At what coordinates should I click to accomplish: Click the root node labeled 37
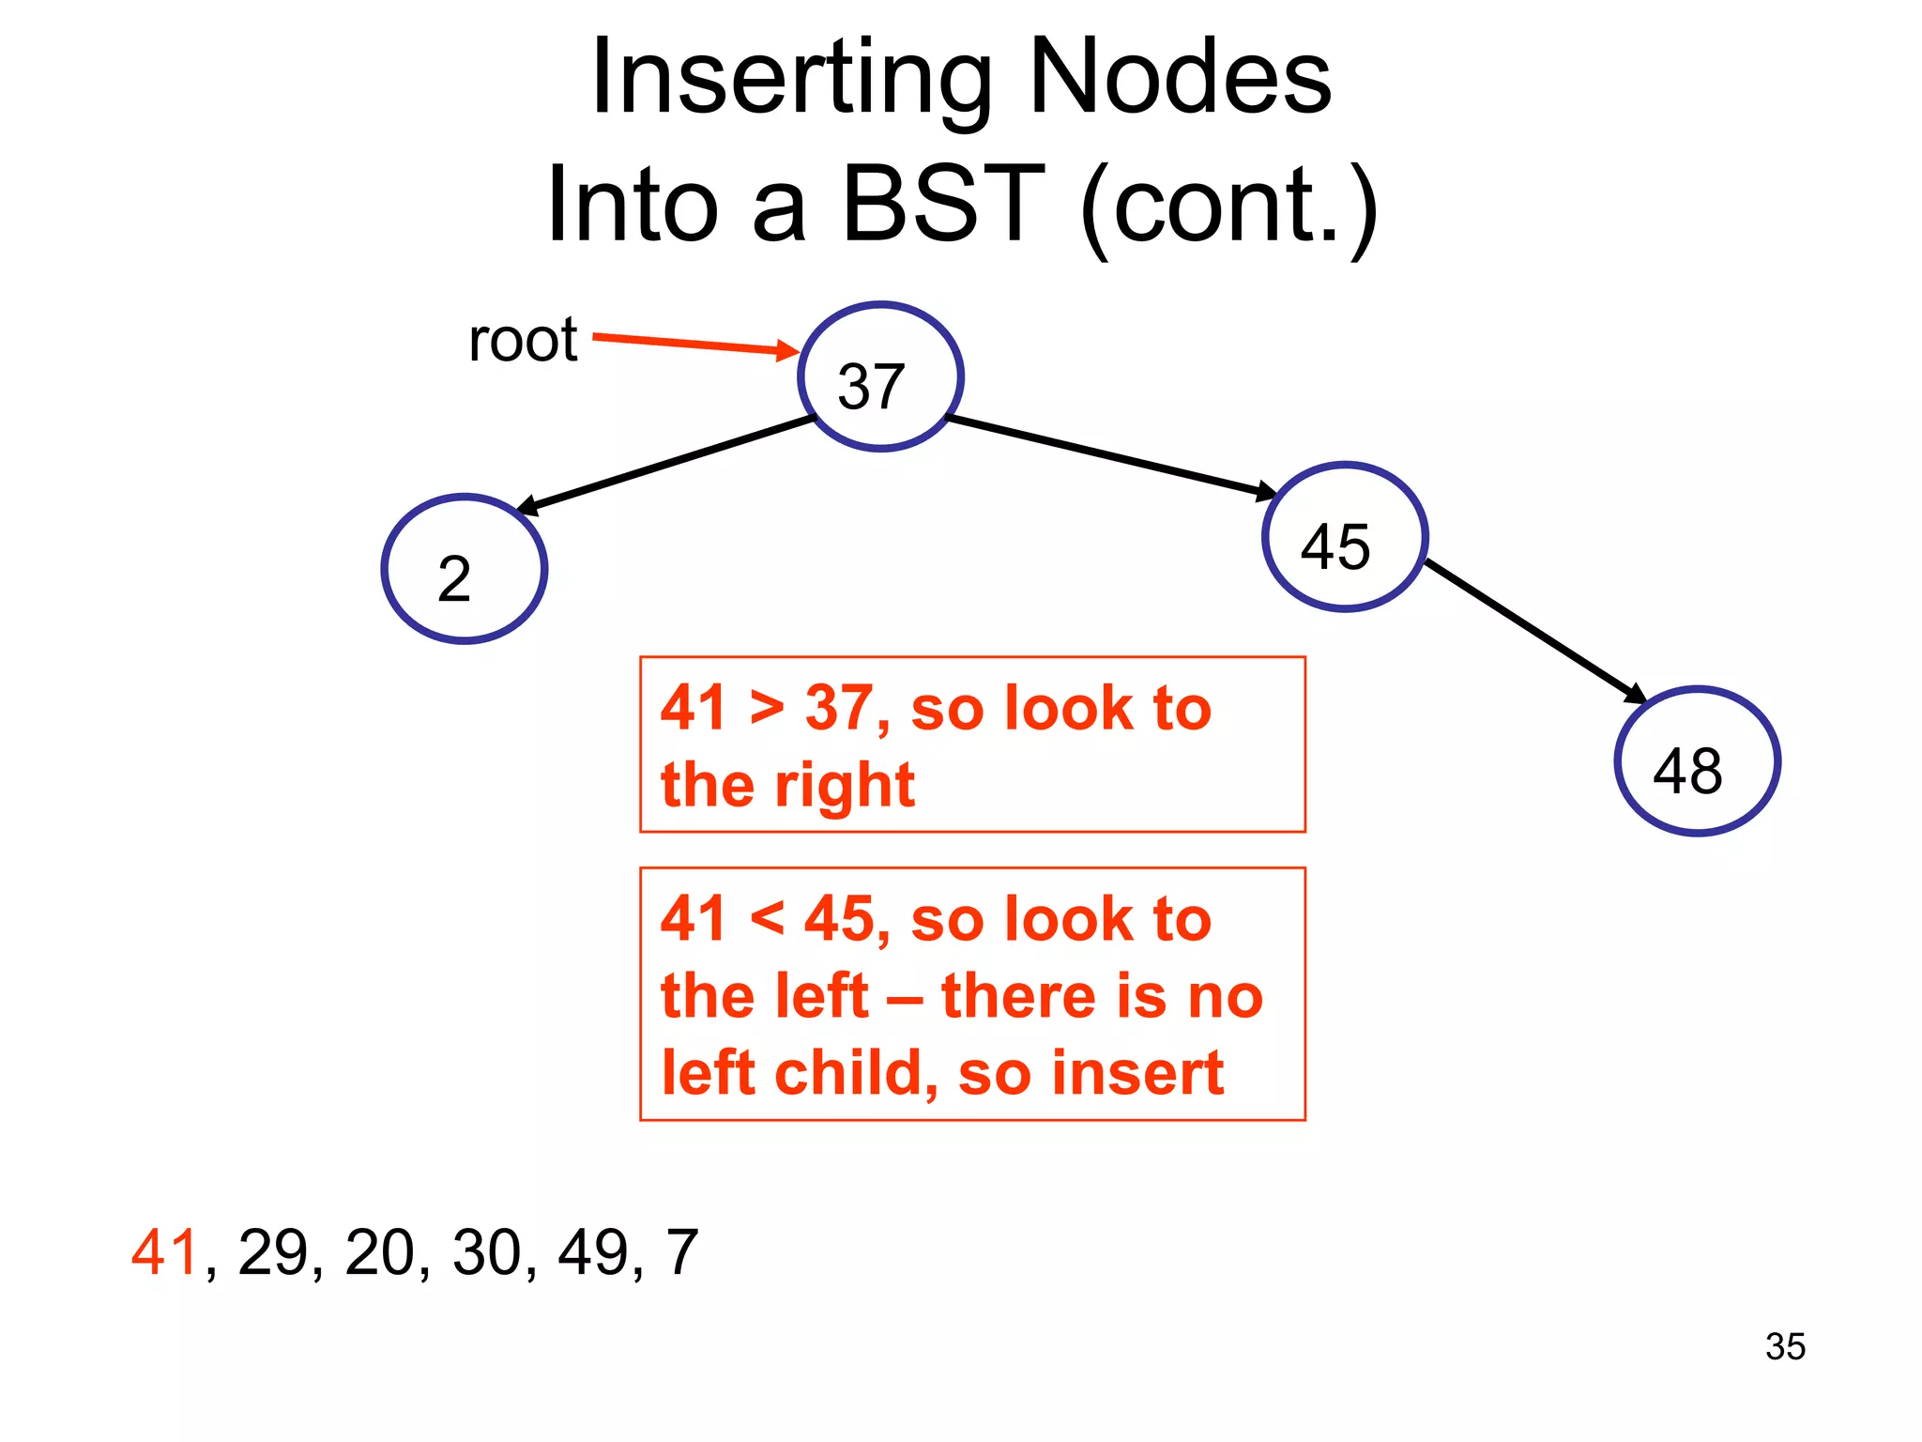[880, 376]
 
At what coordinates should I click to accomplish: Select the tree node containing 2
[465, 569]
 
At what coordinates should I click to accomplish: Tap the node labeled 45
[1345, 537]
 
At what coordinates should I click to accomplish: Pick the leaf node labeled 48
[1697, 761]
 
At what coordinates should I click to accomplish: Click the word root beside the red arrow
[523, 340]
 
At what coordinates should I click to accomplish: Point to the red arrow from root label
[694, 344]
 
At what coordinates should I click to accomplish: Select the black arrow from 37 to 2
[666, 465]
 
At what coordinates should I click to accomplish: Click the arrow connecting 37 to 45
[1112, 456]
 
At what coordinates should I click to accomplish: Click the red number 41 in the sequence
[165, 1252]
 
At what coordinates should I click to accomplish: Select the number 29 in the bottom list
[272, 1252]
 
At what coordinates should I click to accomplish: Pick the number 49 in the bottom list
[592, 1252]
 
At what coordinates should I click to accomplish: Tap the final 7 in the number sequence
[682, 1252]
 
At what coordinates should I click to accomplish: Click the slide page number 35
[1785, 1346]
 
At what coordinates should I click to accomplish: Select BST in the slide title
[941, 204]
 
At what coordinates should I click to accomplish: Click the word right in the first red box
[844, 786]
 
